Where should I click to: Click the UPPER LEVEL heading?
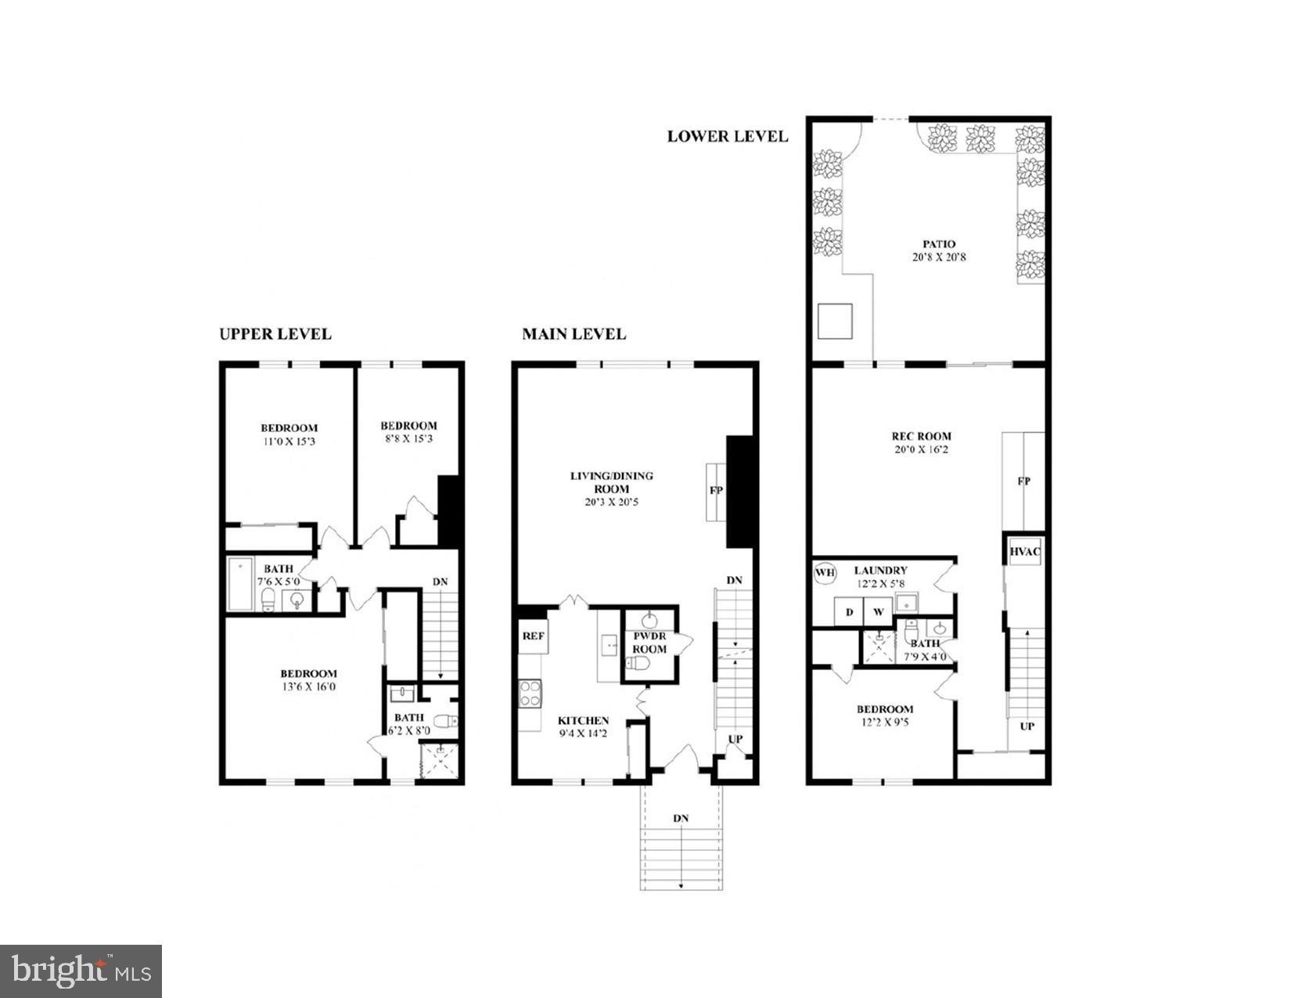click(x=275, y=334)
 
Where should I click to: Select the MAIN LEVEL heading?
click(x=574, y=334)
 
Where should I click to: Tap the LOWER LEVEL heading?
click(x=727, y=136)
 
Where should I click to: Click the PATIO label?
click(x=938, y=244)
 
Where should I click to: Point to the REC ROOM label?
click(x=922, y=436)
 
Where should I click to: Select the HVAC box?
click(x=1024, y=551)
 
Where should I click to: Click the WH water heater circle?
click(x=825, y=573)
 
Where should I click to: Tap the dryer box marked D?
click(x=849, y=612)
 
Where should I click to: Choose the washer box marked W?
click(x=878, y=612)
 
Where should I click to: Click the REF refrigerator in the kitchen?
click(x=533, y=636)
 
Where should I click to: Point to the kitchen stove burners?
click(x=530, y=694)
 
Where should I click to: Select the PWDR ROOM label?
click(x=649, y=643)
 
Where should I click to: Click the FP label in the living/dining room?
click(x=715, y=491)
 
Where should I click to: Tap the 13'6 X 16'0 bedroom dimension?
click(x=308, y=686)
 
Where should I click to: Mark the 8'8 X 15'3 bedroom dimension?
click(x=408, y=438)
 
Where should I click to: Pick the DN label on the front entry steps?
click(x=680, y=818)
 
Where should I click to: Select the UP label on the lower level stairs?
click(x=1027, y=726)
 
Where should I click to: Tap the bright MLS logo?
click(x=81, y=971)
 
